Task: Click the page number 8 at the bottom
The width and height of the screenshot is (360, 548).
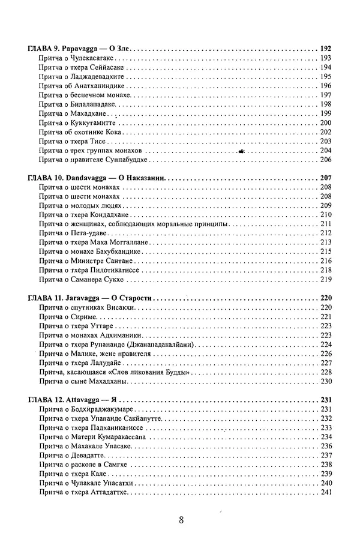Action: click(181, 520)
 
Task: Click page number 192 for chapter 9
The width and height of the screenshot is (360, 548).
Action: click(326, 48)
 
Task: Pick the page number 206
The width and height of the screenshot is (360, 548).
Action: click(326, 160)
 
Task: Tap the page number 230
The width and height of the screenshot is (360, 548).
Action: click(326, 382)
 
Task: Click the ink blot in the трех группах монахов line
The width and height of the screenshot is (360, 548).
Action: click(241, 151)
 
